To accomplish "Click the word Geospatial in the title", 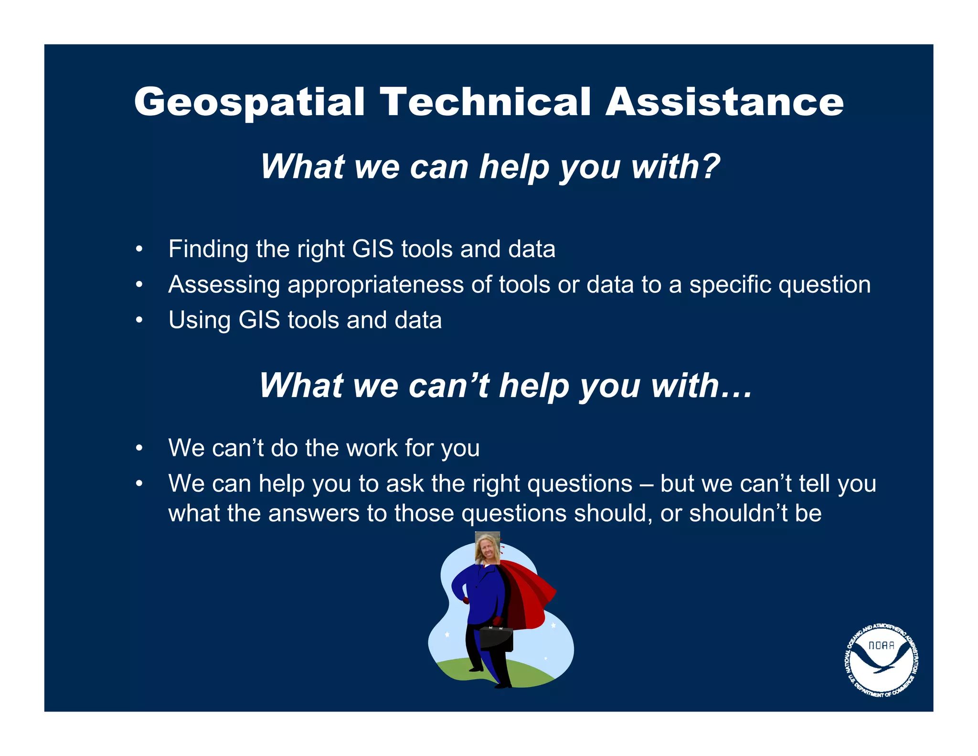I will pos(249,102).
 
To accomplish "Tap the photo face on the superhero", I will pos(487,548).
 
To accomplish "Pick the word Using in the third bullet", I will pos(199,321).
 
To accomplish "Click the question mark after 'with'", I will pos(711,167).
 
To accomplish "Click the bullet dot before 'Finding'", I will pos(139,249).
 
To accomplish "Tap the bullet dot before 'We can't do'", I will pos(139,448).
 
